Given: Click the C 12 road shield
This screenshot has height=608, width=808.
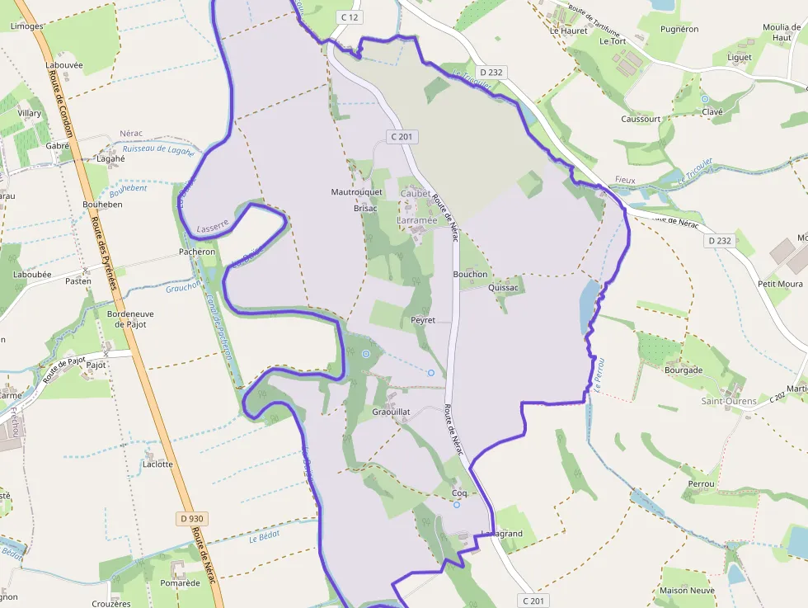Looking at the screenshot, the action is tap(349, 16).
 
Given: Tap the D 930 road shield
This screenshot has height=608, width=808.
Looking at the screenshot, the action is tap(191, 519).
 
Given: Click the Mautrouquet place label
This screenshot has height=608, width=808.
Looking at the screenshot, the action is tap(357, 192).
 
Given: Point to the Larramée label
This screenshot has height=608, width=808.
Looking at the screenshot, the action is tap(416, 221).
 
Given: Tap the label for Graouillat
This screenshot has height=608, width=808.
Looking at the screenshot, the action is tap(392, 412).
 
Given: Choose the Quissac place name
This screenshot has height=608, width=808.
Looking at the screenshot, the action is tap(504, 288).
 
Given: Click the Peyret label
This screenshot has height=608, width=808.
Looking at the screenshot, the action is tap(423, 320).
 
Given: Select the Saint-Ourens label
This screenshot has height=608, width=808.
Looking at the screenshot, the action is tap(729, 402).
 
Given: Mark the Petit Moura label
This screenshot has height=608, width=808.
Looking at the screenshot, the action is tap(780, 284).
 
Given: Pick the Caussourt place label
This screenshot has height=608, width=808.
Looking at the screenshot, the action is tap(641, 119).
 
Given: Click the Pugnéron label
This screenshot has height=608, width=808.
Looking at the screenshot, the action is tap(679, 29).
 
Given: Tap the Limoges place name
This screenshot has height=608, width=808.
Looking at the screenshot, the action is tap(27, 26).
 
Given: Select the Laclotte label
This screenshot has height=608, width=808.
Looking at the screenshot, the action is tap(157, 464).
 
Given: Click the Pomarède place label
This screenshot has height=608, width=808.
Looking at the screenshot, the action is tap(181, 583).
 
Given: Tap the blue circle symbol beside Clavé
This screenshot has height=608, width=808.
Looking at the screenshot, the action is tap(705, 99).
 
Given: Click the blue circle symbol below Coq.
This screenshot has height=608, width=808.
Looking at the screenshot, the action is tap(457, 505).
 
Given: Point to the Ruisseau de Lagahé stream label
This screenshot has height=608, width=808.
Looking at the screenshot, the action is tap(158, 151).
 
